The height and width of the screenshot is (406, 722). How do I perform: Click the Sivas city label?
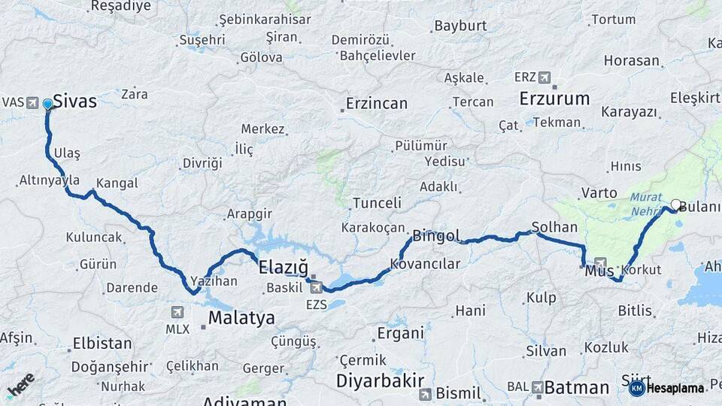coord(75,101)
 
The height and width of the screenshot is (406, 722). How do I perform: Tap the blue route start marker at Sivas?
coord(48,105)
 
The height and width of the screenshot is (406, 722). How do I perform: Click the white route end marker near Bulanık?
coord(675,205)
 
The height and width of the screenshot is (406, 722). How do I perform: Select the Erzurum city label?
coord(554,98)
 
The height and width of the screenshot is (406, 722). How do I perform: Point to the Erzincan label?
coord(376,103)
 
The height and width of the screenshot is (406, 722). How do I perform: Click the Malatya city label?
coord(241,317)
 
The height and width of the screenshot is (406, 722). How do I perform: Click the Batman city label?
coord(576,388)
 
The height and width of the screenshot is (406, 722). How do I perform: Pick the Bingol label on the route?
coord(436,236)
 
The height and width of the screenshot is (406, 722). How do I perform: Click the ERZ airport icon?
coord(544,77)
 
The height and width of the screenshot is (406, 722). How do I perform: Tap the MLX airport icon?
coord(177,311)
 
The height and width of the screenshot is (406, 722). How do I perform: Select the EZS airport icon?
coord(316,286)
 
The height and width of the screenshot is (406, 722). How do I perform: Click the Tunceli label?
coord(378,203)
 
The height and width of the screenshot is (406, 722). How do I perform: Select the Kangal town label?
coord(117,182)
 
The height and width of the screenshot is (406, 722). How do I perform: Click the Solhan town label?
coord(554,226)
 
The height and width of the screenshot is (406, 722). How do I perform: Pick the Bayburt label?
coord(461,26)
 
